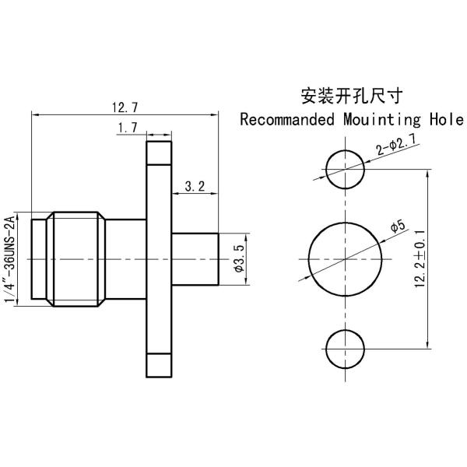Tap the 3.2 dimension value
195,186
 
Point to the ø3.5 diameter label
239,258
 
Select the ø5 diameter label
396,227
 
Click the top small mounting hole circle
345,170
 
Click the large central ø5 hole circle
345,259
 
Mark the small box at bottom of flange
159,365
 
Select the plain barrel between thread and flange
125,258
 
